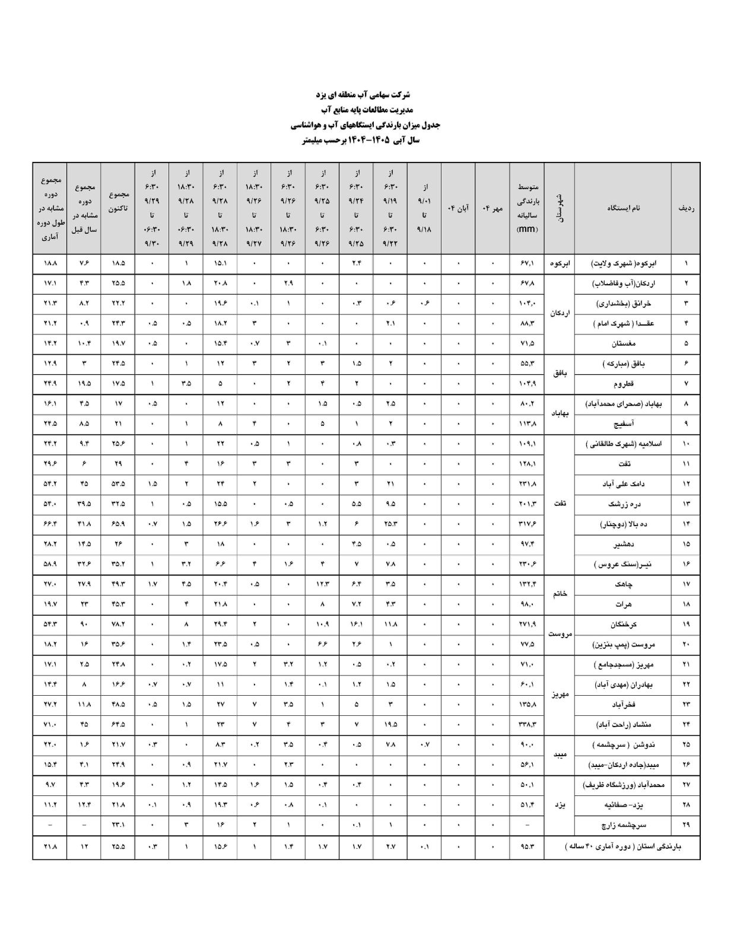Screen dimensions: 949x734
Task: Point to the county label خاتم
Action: tap(559, 594)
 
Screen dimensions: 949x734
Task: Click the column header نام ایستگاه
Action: tap(623, 208)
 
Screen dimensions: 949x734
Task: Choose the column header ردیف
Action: tap(686, 208)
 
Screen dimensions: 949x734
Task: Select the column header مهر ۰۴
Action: tap(492, 208)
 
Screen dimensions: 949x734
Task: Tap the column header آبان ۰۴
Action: tap(458, 208)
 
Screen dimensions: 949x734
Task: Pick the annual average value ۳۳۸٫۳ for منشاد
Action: tap(526, 725)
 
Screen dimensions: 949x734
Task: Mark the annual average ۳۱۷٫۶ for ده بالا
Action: tap(526, 524)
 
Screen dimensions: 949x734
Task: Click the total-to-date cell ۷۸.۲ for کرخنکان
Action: tap(118, 625)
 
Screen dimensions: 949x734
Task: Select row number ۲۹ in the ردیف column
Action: tap(686, 825)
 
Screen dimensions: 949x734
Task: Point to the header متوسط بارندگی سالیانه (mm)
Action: tap(526, 208)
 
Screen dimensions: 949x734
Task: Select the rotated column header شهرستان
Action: tap(559, 208)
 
